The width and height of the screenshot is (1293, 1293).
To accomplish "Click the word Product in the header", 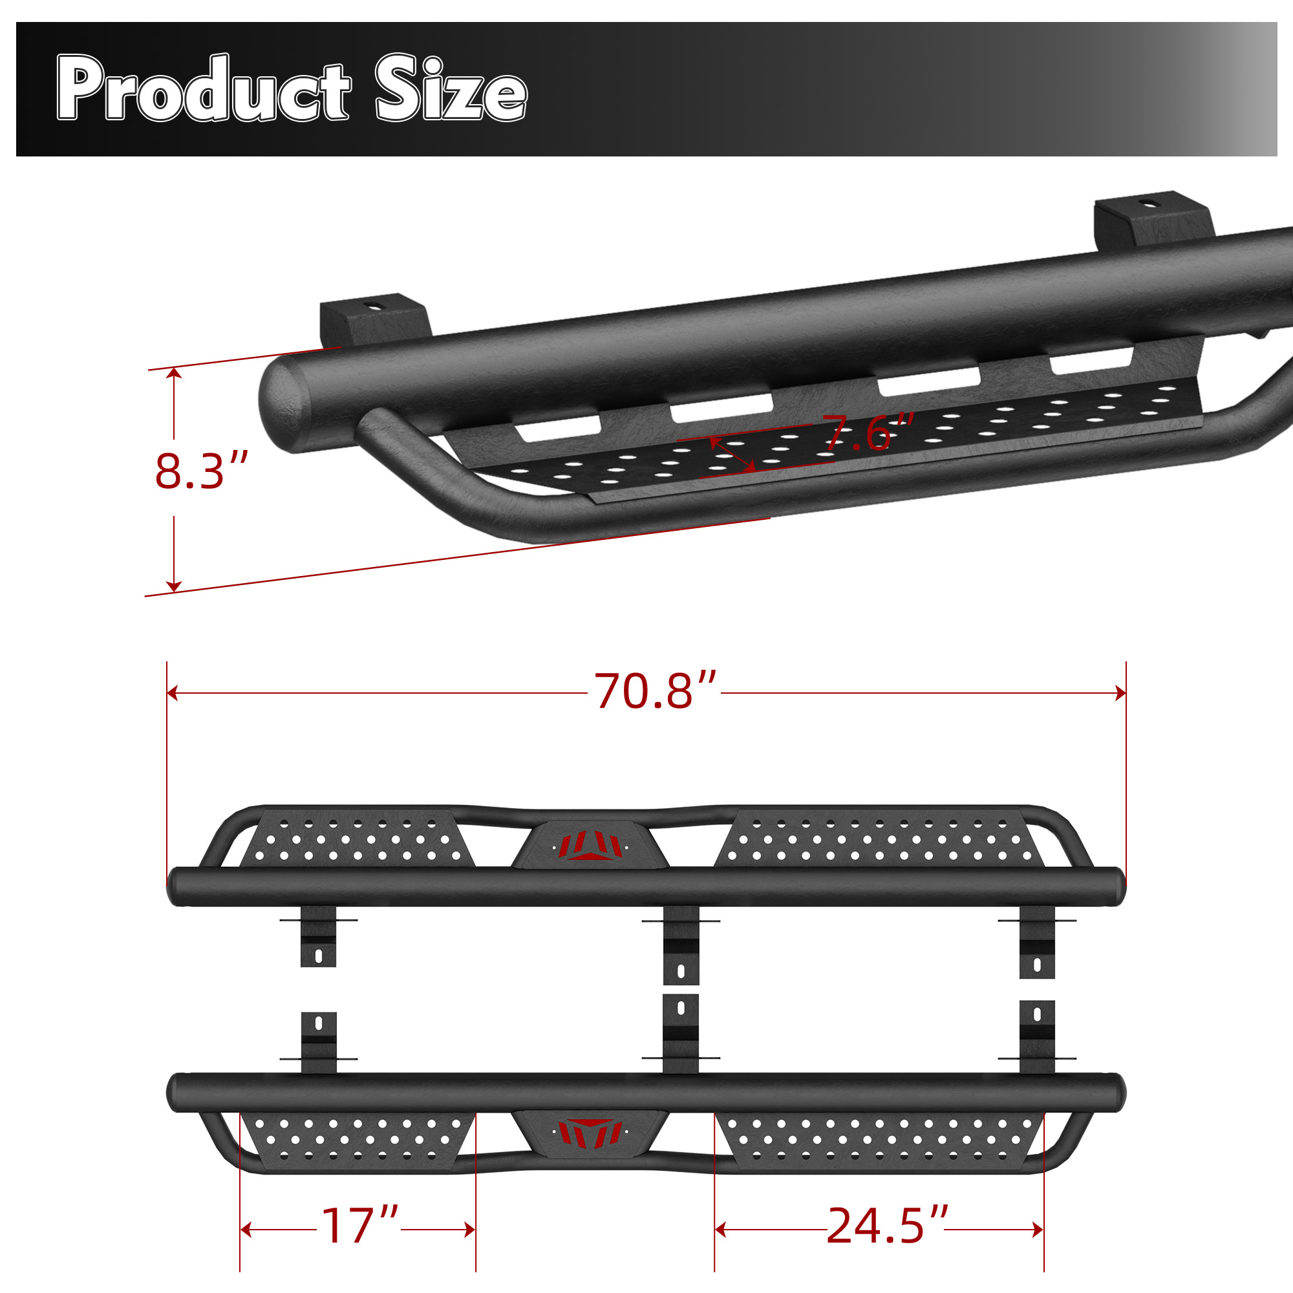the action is coord(204,88).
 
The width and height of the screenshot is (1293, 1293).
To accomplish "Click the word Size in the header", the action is coord(451,88).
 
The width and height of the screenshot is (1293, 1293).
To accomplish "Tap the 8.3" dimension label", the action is coord(202,471).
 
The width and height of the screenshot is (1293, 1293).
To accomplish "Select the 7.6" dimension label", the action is coord(868,433).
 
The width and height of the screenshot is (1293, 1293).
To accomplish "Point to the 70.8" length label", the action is coord(655,690).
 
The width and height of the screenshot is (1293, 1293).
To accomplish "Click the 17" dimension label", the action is coord(359,1225).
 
